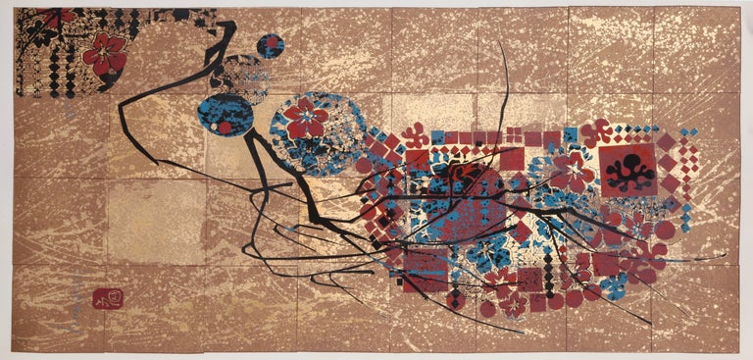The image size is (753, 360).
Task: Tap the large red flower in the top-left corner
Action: click(104, 54)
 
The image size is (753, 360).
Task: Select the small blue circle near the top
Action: click(270, 45)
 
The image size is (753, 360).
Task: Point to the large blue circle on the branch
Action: click(225, 115)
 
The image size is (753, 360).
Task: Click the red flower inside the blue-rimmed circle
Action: click(306, 118)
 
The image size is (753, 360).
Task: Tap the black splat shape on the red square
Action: click(628, 169)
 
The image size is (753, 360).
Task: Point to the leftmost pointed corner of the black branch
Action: click(122, 100)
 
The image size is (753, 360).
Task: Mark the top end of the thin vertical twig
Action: click(506, 43)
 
